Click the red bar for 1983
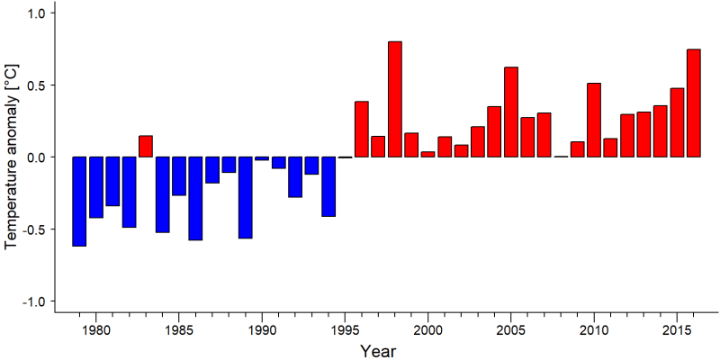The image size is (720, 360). coord(146,147)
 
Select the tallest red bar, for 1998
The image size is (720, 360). coord(395,99)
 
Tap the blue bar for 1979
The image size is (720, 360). coord(79,202)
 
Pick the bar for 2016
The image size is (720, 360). coord(694,103)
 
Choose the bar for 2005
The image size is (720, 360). coord(511,112)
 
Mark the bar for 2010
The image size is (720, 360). coord(594,121)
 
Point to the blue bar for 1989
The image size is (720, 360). coord(245,197)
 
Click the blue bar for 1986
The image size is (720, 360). coord(195,198)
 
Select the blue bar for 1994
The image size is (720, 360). coord(328,186)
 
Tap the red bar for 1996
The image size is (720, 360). coord(362,129)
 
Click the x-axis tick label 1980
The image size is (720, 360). coord(96,330)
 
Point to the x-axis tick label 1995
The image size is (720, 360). coord(345,330)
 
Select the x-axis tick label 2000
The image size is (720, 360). coord(428,330)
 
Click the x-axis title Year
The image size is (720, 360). coord(378,351)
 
